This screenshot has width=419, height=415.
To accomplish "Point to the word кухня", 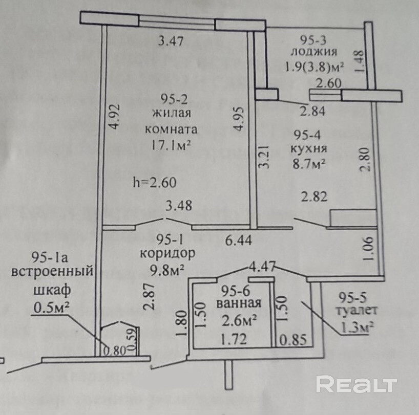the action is point(309,149).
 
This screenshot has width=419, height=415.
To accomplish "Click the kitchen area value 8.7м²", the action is point(309,165).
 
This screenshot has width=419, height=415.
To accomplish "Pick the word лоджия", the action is point(313,51).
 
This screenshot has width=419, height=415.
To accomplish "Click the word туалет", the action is point(357,310).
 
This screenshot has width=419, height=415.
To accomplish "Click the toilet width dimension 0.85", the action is point(291,338).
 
